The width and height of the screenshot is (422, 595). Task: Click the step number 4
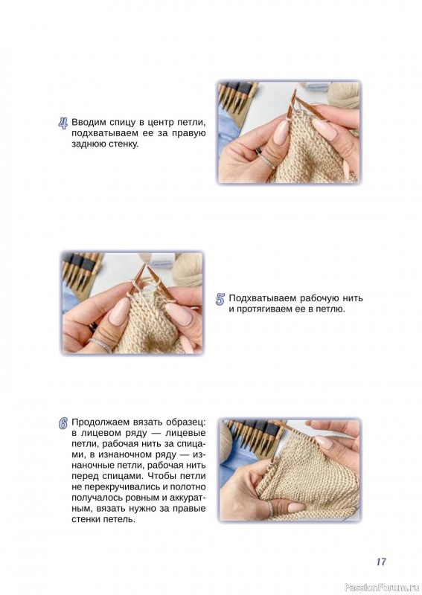[63, 123]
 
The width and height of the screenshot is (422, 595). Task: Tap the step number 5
[220, 299]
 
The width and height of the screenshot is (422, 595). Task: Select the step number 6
[63, 423]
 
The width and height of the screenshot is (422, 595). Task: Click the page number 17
[381, 562]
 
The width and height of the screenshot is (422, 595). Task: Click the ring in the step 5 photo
[100, 345]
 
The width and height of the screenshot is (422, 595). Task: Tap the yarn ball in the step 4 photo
[345, 96]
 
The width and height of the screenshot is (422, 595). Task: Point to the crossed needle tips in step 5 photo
[146, 270]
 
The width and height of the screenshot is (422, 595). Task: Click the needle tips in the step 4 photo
[295, 98]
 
